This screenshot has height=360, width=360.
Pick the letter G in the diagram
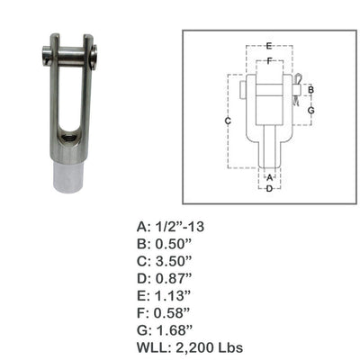[x=310, y=109]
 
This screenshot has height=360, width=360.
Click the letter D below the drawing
[x=268, y=187]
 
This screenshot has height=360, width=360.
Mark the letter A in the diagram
[x=268, y=177]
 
